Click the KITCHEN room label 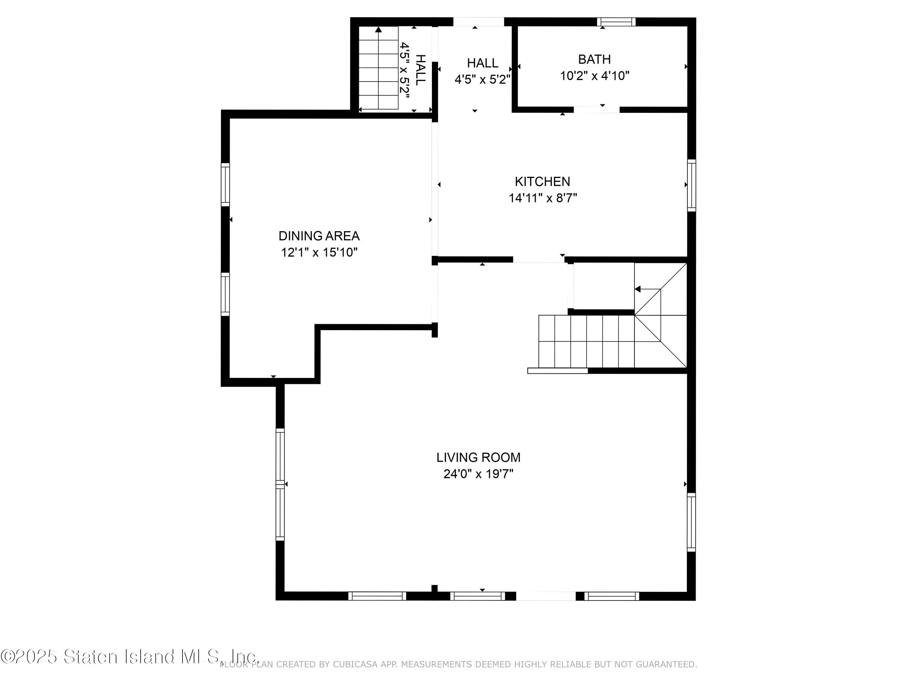point(542,182)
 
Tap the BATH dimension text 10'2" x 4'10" point(595,76)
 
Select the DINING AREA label point(319,236)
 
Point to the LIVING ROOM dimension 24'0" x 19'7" point(478,474)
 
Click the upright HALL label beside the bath point(483,63)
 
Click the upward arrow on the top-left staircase point(378,30)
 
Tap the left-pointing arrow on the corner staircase point(638,289)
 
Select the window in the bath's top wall point(616,22)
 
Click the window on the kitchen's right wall point(691,185)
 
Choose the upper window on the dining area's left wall point(225,185)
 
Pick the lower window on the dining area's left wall point(225,294)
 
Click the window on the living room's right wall point(691,522)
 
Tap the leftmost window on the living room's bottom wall point(377,596)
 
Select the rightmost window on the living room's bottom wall point(612,596)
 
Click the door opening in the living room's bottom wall point(546,596)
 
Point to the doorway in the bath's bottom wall point(597,109)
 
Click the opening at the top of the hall point(478,22)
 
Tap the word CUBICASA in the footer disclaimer point(355,664)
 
